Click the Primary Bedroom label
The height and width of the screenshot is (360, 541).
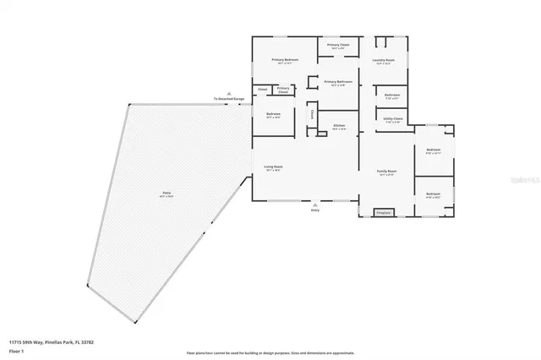tap(284, 60)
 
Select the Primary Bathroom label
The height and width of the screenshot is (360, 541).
tap(339, 83)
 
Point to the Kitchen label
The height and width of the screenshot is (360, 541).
tap(339, 125)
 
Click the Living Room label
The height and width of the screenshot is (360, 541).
tap(273, 168)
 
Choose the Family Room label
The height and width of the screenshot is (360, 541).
tap(386, 172)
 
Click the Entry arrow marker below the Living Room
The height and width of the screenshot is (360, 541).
tap(314, 205)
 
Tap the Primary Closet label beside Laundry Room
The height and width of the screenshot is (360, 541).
tap(339, 46)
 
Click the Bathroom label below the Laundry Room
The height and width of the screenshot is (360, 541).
tap(391, 95)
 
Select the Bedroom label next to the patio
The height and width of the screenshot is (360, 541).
tap(273, 114)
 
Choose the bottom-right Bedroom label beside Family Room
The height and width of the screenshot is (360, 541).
tap(433, 194)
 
